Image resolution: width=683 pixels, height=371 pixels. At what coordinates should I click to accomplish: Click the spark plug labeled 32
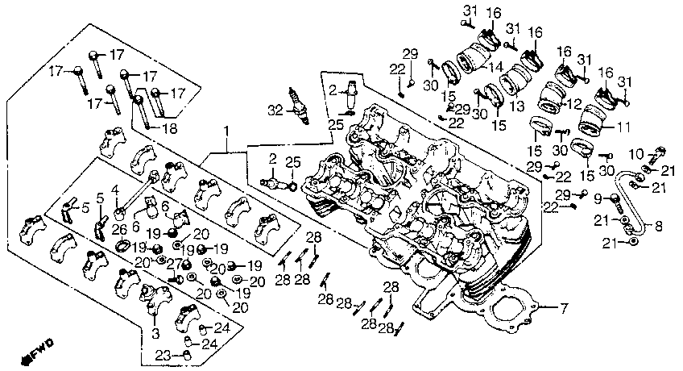[300, 106]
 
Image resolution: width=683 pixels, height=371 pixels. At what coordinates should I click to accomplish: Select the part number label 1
[226, 131]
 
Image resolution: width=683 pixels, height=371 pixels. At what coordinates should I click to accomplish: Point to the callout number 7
[564, 309]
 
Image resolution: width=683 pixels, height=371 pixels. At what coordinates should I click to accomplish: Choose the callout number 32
[275, 111]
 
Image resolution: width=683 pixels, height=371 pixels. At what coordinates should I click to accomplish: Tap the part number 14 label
[496, 67]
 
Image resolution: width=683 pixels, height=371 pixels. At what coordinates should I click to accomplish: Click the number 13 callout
[518, 106]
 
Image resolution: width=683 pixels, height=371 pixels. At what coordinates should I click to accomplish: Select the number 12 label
[575, 104]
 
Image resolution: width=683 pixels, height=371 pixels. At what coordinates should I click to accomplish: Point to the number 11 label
[623, 127]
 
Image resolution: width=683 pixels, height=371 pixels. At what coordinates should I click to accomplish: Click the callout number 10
[636, 154]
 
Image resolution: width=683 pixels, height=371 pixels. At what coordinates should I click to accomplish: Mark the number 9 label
[598, 199]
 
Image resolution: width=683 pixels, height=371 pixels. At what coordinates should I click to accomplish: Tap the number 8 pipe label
[658, 226]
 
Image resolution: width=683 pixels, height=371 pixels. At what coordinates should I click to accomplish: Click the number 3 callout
[155, 334]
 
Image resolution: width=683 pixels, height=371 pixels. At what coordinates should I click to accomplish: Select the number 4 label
[115, 190]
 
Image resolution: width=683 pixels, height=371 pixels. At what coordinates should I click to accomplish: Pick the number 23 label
[164, 356]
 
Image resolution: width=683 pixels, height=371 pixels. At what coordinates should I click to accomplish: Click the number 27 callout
[174, 264]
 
